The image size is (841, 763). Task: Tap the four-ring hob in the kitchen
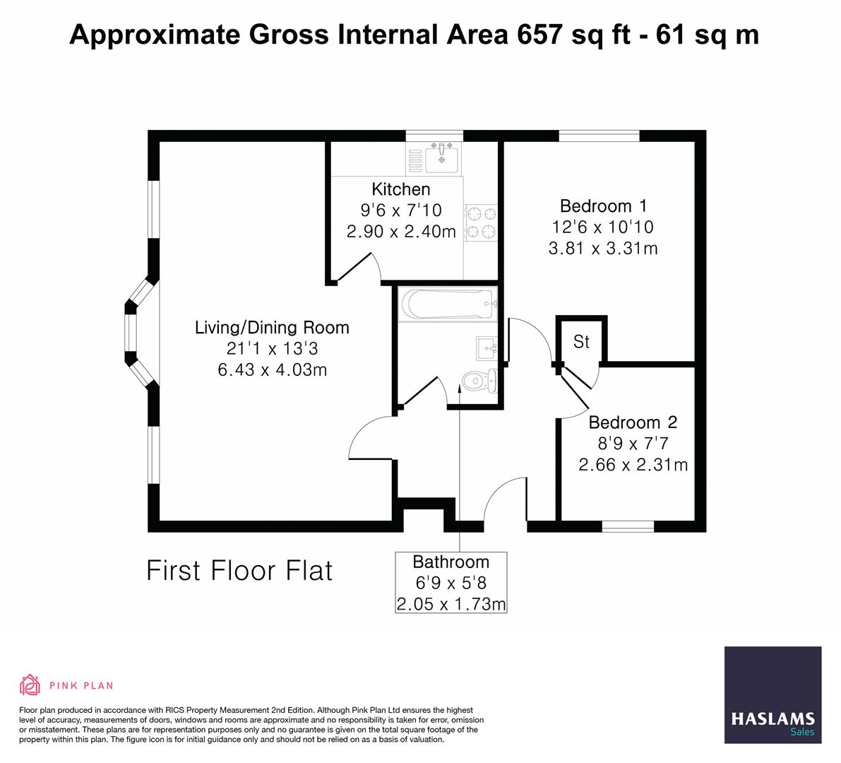pyautogui.click(x=481, y=222)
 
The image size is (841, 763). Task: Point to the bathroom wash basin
pyautogui.click(x=487, y=348)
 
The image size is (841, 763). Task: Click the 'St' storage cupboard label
pyautogui.click(x=581, y=342)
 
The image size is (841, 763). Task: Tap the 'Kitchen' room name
pyautogui.click(x=400, y=189)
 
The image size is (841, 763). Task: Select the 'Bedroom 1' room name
pyautogui.click(x=603, y=206)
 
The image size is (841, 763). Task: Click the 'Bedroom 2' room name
pyautogui.click(x=633, y=422)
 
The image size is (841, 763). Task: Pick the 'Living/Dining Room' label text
pyautogui.click(x=272, y=328)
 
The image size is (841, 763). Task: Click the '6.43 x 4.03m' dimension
pyautogui.click(x=272, y=369)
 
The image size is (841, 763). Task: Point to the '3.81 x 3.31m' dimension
pyautogui.click(x=603, y=249)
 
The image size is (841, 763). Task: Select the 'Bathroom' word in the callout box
pyautogui.click(x=451, y=562)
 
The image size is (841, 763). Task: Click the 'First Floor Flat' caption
pyautogui.click(x=239, y=571)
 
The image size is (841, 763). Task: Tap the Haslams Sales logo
pyautogui.click(x=773, y=695)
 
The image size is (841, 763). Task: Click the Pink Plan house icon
pyautogui.click(x=30, y=685)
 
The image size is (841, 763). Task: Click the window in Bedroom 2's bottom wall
pyautogui.click(x=628, y=526)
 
